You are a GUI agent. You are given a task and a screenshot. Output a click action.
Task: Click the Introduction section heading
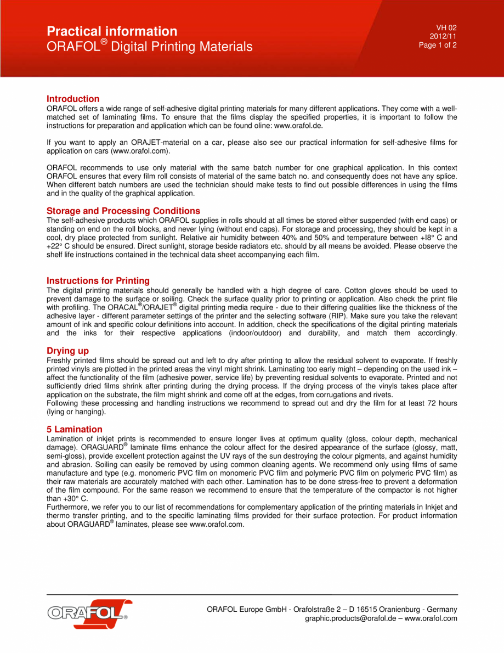(73, 99)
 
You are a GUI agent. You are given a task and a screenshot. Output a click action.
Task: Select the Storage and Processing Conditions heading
(123, 211)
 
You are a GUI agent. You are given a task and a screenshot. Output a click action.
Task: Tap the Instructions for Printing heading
(98, 280)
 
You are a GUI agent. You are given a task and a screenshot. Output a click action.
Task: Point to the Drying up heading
(67, 351)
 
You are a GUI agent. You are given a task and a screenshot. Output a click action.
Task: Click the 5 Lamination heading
(75, 429)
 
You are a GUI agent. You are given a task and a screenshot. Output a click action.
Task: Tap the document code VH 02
(446, 27)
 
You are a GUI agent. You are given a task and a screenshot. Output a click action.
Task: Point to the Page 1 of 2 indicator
(438, 45)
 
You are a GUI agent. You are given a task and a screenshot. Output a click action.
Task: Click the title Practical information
(112, 31)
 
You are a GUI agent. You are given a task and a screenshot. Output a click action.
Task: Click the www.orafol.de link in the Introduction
(298, 126)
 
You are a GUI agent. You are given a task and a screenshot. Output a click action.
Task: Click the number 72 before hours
(425, 403)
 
